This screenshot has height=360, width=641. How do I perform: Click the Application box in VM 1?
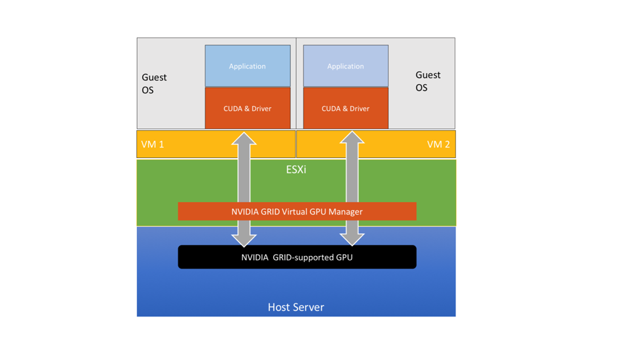[247, 66]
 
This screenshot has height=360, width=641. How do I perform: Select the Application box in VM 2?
[346, 66]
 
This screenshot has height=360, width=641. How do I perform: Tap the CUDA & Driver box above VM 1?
[247, 108]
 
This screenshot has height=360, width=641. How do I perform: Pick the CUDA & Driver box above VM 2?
[346, 108]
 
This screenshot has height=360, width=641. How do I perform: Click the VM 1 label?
[153, 144]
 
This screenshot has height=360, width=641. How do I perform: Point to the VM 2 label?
[438, 144]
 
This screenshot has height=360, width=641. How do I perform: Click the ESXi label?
[296, 169]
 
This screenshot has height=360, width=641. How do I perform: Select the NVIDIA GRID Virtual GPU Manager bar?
[297, 211]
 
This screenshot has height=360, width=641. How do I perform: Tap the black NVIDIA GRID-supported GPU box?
[297, 257]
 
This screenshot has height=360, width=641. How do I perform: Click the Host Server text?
[296, 307]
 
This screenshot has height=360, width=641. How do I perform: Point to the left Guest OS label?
[154, 84]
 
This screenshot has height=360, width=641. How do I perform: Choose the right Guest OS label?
[428, 82]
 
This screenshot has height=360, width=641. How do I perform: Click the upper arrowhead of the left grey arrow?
[244, 139]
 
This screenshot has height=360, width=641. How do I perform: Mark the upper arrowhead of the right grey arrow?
[352, 139]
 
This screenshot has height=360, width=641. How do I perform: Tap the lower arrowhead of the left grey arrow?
[244, 239]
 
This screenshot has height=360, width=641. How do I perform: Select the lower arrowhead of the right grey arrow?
[352, 239]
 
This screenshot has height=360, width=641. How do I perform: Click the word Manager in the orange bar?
[346, 211]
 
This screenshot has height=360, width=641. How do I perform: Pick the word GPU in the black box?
[344, 257]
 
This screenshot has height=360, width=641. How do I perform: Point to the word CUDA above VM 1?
[233, 108]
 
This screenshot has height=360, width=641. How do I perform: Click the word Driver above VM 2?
[359, 108]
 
